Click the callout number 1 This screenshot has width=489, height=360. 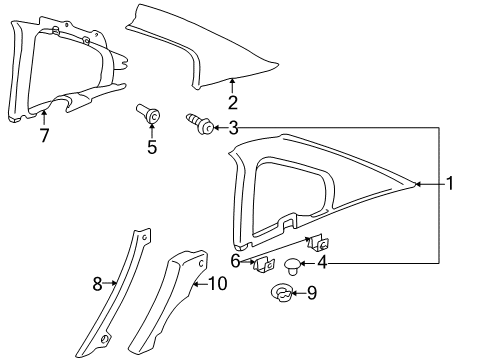450,183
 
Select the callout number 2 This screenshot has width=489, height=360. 233,102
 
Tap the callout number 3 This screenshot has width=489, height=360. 233,128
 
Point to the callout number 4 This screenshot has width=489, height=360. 322,263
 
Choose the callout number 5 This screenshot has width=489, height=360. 152,147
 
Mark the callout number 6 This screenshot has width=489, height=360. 235,261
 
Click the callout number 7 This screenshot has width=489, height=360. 44,135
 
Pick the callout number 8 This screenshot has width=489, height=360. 97,284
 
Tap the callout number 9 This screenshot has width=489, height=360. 312,293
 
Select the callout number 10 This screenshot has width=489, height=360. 218,284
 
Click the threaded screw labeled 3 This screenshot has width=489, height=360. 200,123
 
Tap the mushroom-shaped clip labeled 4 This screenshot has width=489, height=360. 292,266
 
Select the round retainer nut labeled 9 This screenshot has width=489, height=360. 282,293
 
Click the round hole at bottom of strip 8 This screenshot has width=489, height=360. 105,339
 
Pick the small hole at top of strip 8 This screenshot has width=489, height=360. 145,237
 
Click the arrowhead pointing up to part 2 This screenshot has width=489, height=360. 232,80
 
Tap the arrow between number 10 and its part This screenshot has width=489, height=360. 201,284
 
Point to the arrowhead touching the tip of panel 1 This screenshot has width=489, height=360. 417,184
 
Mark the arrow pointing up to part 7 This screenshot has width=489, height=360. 44,118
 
